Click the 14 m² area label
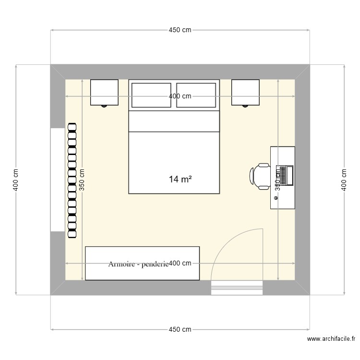click(180, 180)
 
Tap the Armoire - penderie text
click(138, 264)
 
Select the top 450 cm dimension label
click(180, 30)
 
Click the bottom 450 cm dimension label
click(180, 329)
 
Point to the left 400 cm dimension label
click(16, 180)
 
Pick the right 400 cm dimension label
click(344, 180)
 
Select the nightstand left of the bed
click(104, 92)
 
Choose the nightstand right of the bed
click(245, 92)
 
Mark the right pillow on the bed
click(196, 95)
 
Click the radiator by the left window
click(72, 180)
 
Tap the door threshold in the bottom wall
click(237, 288)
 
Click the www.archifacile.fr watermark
click(332, 339)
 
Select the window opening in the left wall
click(58, 180)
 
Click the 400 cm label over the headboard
click(180, 96)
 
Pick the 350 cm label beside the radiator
click(82, 180)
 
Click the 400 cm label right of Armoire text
click(180, 263)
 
